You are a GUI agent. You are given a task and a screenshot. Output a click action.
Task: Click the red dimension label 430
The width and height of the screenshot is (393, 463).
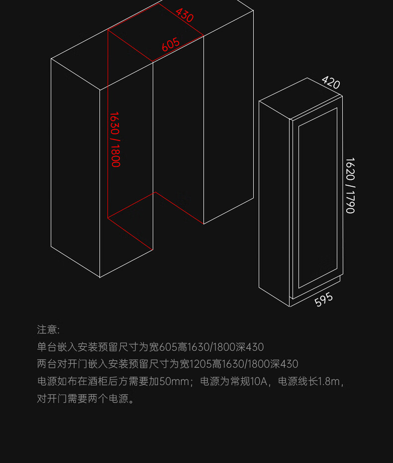185,15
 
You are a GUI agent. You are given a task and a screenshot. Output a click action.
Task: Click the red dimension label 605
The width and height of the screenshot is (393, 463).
171,45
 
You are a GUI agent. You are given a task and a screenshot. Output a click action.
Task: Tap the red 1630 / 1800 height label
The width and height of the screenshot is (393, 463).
115,139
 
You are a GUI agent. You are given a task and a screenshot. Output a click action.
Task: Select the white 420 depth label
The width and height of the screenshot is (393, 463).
330,82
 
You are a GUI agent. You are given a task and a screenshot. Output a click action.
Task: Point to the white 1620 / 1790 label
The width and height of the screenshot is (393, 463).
350,185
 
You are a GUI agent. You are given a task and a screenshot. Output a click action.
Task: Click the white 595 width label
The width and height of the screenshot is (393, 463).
323,300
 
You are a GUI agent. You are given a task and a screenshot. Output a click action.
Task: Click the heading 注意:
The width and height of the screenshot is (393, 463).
48,329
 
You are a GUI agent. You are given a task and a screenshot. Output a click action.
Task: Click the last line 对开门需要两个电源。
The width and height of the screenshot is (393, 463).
86,399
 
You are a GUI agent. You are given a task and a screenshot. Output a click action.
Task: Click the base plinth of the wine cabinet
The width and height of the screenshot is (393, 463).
315,290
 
